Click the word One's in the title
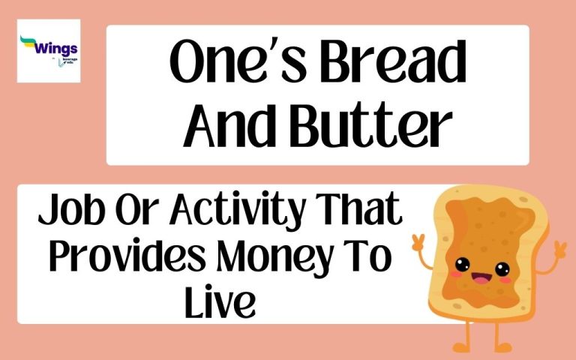229,67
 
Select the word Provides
130,259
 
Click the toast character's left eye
462,263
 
